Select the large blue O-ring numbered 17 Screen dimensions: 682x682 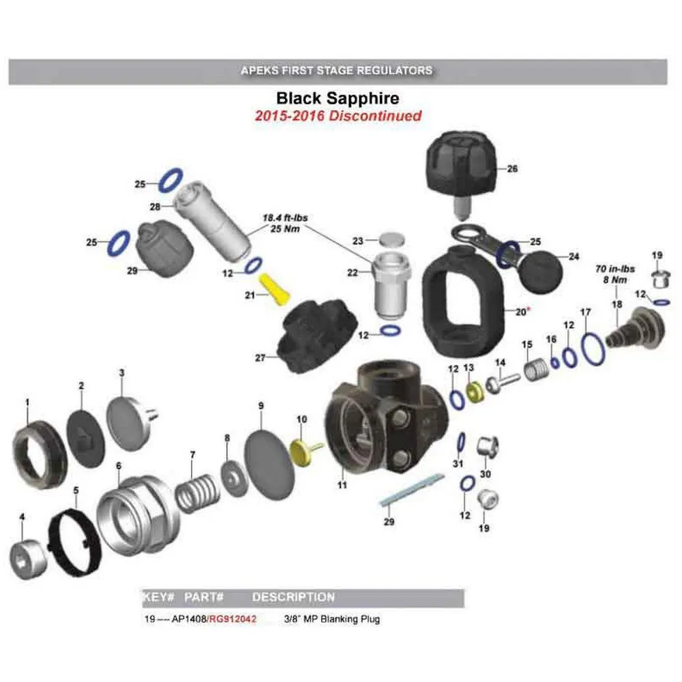(x=593, y=349)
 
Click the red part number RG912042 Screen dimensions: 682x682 (x=233, y=619)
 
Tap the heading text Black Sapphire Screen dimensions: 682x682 (x=338, y=99)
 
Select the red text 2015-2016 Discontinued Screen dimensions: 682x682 (x=338, y=116)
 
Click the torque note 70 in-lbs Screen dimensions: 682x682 (x=614, y=269)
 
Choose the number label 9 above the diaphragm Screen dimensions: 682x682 (x=261, y=405)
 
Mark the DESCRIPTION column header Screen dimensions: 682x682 (x=293, y=597)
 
